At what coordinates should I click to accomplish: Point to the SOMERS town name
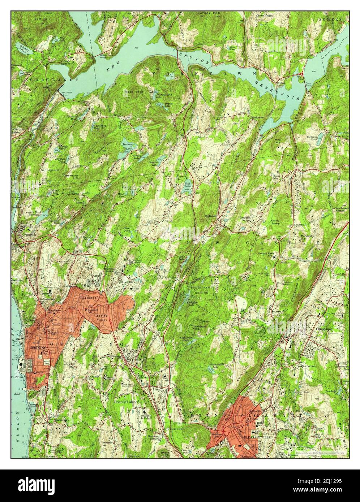[x=333, y=19]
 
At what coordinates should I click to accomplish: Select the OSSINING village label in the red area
[x=35, y=347]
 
